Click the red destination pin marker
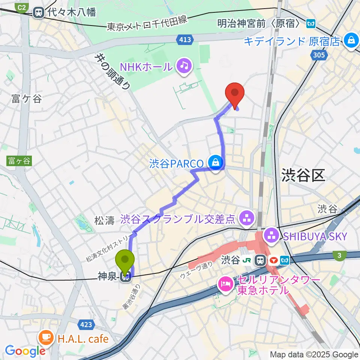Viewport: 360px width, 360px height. [235, 93]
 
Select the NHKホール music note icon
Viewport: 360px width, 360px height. [184, 66]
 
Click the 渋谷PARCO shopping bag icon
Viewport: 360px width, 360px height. [216, 163]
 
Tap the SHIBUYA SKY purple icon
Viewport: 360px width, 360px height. [270, 236]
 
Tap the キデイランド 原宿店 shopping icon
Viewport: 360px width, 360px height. [351, 40]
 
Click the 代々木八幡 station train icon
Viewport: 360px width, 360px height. [38, 13]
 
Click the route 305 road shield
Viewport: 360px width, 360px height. [318, 55]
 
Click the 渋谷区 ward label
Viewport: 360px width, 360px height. [303, 175]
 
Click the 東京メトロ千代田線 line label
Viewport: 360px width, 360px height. [147, 24]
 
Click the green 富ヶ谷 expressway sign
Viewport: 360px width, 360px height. [18, 161]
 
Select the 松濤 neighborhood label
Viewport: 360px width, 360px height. [104, 220]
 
